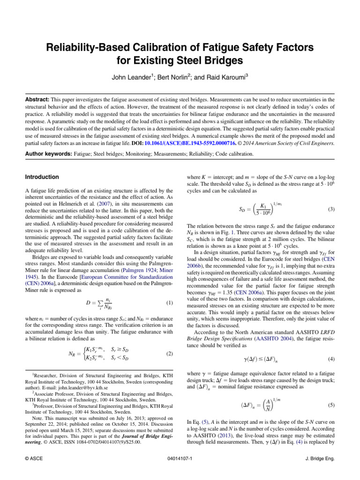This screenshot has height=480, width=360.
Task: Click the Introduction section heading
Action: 42,177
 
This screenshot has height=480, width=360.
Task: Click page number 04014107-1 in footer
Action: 180,459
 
